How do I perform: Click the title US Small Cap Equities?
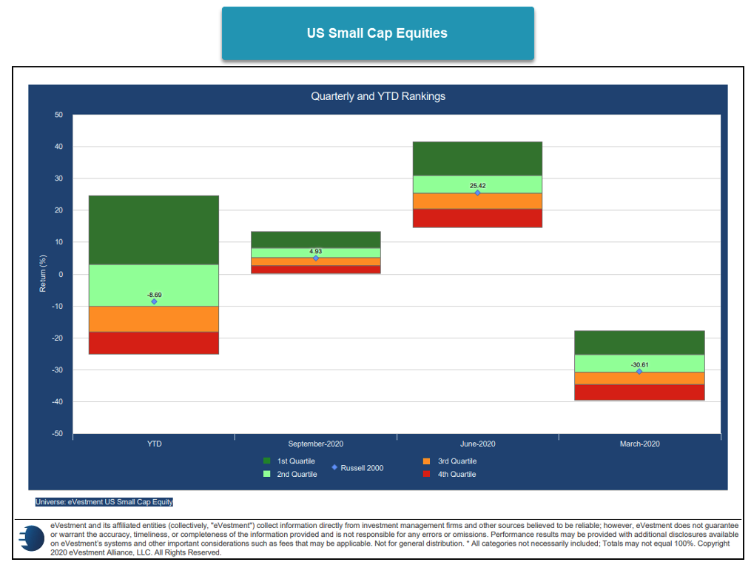(x=377, y=33)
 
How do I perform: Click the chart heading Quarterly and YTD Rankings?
(x=377, y=96)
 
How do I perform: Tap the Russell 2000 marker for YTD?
(x=154, y=301)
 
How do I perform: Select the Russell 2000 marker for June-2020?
(x=477, y=193)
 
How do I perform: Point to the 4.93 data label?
(x=316, y=252)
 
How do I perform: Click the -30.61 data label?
(x=639, y=365)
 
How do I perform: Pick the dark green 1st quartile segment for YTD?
(x=154, y=230)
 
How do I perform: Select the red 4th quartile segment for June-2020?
(x=477, y=218)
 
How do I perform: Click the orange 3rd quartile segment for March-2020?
(x=639, y=378)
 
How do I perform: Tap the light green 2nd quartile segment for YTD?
(x=154, y=285)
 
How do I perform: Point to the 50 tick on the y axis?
(x=58, y=115)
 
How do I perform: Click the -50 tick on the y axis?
(x=57, y=433)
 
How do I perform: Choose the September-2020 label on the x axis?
(x=316, y=444)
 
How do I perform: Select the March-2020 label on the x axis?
(x=639, y=444)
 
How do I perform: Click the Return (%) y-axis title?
(x=43, y=275)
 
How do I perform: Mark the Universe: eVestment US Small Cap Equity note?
(x=104, y=502)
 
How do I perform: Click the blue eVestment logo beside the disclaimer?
(x=31, y=538)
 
